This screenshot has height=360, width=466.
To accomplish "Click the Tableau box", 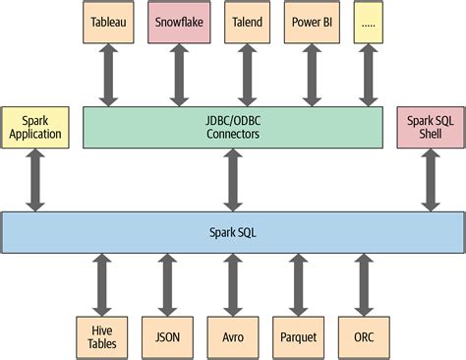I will pos(108,21).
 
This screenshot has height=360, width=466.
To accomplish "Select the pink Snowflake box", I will pos(179,21).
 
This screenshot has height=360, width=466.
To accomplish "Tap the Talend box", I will pos(247,21).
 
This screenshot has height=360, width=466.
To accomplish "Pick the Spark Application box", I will pos(35,127).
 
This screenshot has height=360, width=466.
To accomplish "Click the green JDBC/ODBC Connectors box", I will pos(232,127).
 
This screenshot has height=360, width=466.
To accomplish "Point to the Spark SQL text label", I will pos(232,232).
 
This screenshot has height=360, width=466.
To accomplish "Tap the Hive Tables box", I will pos(101,335).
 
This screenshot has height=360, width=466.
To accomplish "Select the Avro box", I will pos(232,335).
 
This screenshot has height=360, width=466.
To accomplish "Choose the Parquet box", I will pos(298,335).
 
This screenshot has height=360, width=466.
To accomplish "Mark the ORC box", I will pos(363,335).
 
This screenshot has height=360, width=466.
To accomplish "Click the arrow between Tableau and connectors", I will pos(108,74).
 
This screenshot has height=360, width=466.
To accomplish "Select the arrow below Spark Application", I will pos(35,180).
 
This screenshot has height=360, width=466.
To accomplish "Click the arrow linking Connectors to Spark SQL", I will pos(232,180).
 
